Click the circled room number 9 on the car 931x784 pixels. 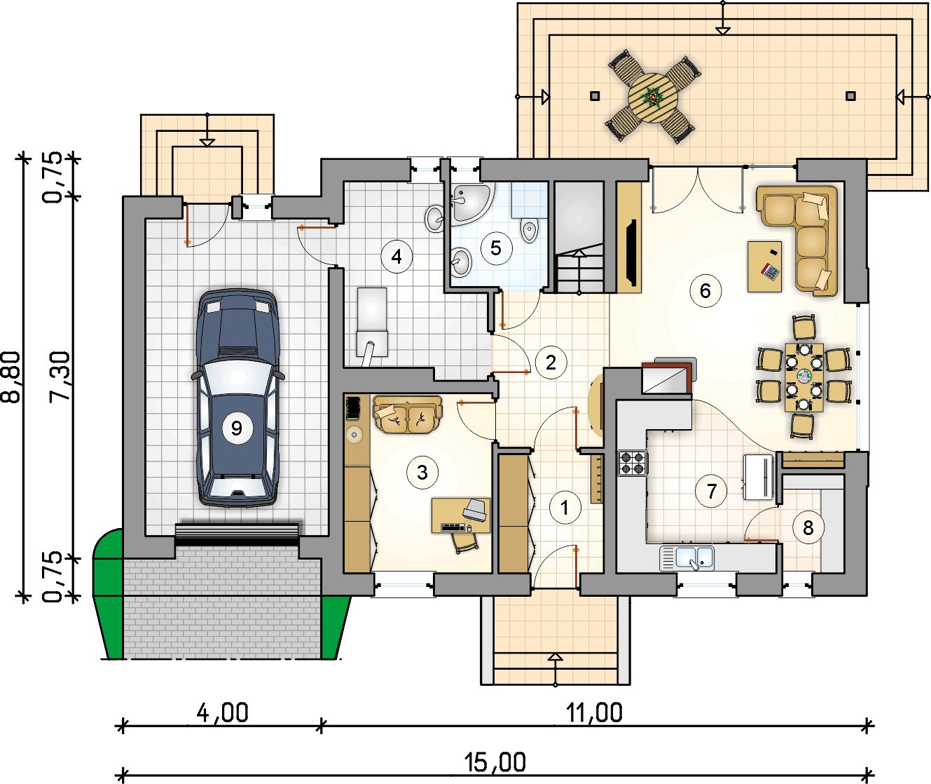click(237, 428)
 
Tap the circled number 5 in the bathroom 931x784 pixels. click(496, 248)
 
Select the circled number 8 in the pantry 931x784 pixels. click(808, 528)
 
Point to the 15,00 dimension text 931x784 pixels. click(495, 762)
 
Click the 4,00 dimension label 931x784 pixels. click(223, 713)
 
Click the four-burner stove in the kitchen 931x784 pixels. click(633, 463)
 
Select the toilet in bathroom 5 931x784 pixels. click(530, 229)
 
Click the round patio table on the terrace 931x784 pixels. click(653, 97)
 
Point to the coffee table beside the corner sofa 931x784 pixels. click(765, 266)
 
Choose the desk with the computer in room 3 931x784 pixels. click(460, 515)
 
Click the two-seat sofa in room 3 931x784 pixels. click(408, 414)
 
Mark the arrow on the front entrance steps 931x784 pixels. click(556, 669)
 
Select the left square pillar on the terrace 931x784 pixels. click(595, 96)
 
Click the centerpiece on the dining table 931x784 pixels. click(804, 376)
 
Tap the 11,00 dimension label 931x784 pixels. click(594, 713)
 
